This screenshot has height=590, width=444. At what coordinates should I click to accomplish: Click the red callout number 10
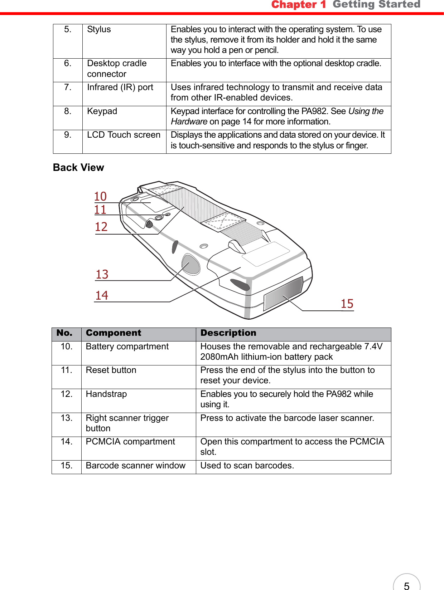[x=101, y=196]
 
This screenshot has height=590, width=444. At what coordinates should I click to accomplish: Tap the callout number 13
[x=102, y=274]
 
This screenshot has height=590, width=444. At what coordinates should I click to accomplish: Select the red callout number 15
[x=347, y=304]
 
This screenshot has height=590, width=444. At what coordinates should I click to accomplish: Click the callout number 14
[x=102, y=295]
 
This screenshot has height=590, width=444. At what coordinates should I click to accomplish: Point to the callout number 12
[x=101, y=227]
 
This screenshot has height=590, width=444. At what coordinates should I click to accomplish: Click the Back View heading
[x=78, y=167]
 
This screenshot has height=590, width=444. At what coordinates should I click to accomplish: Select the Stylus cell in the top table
[x=99, y=29]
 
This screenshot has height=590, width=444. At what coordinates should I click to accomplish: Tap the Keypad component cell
[x=102, y=111]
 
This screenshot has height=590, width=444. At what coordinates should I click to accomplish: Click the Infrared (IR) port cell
[x=120, y=87]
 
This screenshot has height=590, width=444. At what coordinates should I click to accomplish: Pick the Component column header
[x=114, y=333]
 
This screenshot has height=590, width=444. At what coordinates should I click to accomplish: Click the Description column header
[x=228, y=333]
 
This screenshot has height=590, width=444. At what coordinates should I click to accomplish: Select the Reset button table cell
[x=111, y=370]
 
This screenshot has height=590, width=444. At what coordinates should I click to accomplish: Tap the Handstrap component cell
[x=106, y=394]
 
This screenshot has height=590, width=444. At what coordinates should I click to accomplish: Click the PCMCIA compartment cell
[x=130, y=442]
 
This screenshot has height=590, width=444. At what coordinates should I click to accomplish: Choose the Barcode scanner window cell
[x=135, y=466]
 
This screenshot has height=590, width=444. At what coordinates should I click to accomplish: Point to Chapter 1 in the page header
[x=298, y=5]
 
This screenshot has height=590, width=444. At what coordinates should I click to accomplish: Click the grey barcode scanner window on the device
[x=283, y=293]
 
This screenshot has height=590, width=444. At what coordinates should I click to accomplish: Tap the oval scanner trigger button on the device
[x=191, y=264]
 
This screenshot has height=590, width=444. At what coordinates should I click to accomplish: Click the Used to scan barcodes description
[x=247, y=466]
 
